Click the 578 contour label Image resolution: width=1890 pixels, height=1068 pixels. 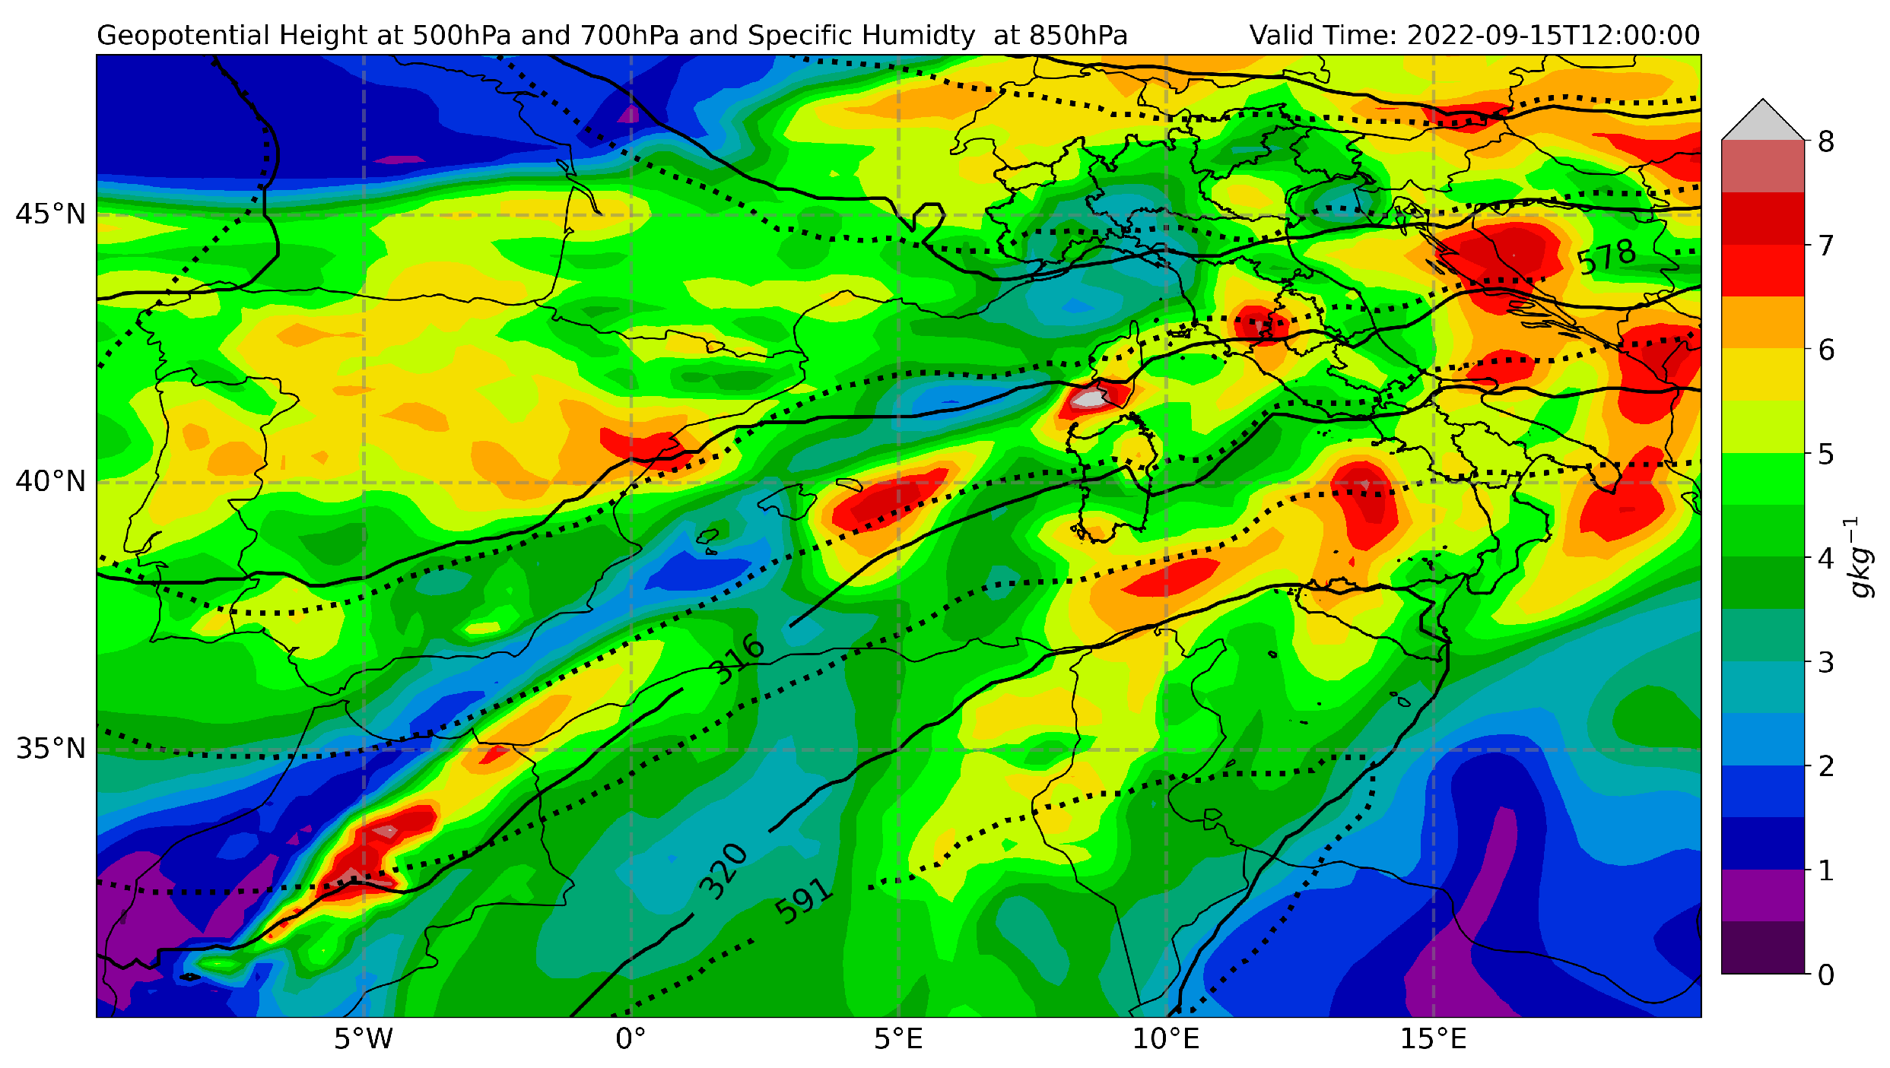(x=1606, y=257)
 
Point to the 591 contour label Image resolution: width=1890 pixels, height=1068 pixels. (x=803, y=901)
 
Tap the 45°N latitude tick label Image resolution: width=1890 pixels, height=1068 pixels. (x=50, y=214)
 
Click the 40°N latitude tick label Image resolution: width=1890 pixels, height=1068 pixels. (x=50, y=481)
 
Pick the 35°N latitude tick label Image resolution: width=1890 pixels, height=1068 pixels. (x=50, y=749)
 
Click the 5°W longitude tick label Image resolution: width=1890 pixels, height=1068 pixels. (x=363, y=1038)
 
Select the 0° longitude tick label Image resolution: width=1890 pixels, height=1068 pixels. (x=631, y=1038)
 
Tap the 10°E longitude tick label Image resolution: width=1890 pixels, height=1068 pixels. (x=1165, y=1038)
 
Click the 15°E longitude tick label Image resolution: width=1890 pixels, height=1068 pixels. (x=1433, y=1038)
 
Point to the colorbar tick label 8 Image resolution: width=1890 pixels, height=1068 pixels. (x=1825, y=141)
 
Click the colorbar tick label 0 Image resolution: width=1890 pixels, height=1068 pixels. (x=1825, y=975)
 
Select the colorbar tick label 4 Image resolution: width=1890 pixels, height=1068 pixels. (x=1825, y=558)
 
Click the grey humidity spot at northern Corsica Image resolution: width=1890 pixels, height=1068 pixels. (x=1092, y=398)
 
